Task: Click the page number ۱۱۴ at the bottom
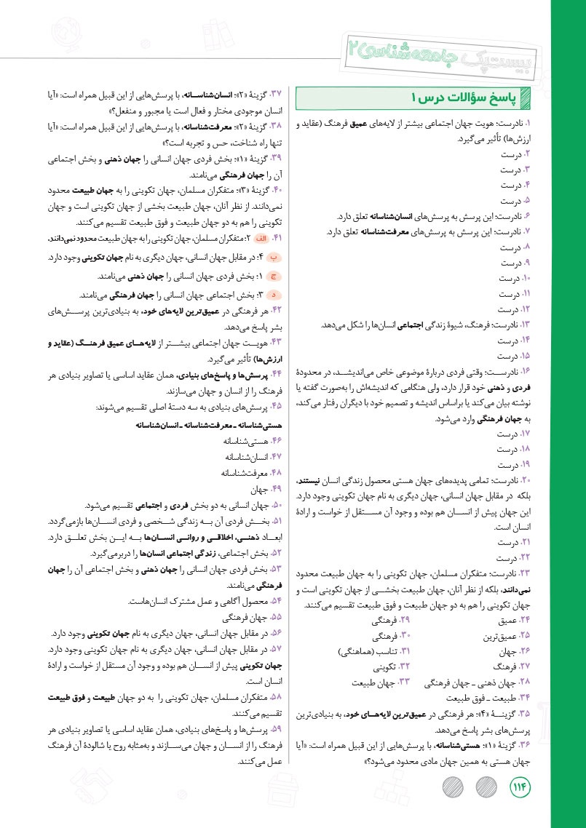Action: pos(522,787)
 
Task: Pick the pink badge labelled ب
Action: pos(274,258)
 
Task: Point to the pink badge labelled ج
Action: pos(274,277)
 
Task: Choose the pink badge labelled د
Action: pos(274,295)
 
